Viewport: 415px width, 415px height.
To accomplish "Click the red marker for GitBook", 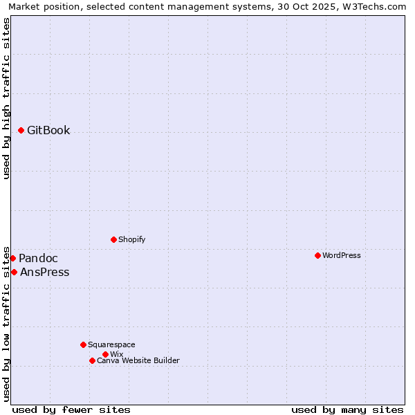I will click(21, 130).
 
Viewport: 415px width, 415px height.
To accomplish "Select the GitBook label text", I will click(48, 131).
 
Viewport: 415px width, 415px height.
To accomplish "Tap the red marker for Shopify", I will click(113, 239).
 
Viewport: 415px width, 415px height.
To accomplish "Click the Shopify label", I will click(131, 240).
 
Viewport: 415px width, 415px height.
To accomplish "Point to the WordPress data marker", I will click(317, 255).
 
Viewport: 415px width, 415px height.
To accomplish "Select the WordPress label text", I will click(341, 256).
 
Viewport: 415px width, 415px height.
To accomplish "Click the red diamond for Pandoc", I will click(12, 258).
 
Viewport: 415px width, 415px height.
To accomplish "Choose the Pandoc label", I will click(38, 259).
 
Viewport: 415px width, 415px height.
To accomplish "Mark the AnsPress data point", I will click(14, 272).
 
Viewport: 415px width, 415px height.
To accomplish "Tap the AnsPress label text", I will click(45, 273).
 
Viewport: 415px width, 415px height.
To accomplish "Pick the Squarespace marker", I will click(83, 344).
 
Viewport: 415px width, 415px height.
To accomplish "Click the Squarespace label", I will click(111, 345).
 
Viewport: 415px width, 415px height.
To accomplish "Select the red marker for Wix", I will click(105, 354).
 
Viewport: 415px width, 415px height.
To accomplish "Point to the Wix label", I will click(116, 355).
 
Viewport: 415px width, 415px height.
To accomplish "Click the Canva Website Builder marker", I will click(92, 360).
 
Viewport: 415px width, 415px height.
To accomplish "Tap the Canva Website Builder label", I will click(138, 361).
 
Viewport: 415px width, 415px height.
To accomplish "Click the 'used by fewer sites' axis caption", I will click(71, 409).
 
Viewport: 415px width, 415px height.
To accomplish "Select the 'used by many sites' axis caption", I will click(347, 409).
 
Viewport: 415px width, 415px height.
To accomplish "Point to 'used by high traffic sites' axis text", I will click(7, 99).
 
